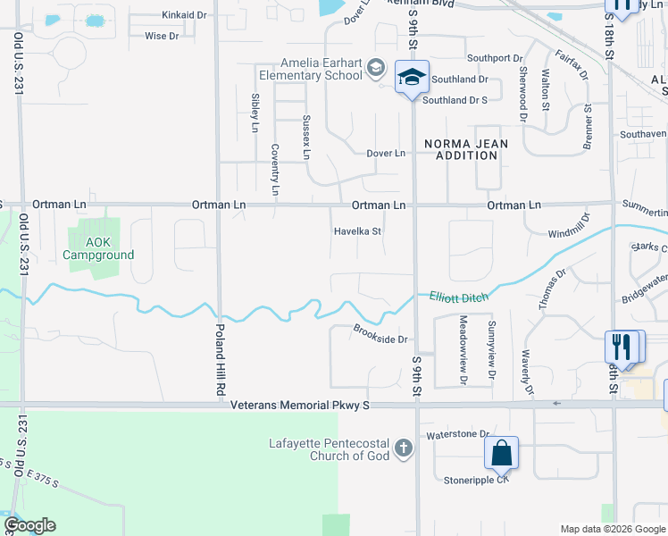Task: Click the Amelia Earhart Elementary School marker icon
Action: click(x=412, y=78)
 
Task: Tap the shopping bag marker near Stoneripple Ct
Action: click(x=502, y=452)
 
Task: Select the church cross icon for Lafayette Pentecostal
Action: click(x=403, y=448)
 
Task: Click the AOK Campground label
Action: click(x=98, y=248)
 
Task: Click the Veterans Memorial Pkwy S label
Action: click(x=299, y=406)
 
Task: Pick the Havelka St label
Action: click(x=358, y=230)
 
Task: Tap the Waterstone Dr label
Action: click(x=459, y=434)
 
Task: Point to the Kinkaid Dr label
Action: click(x=184, y=15)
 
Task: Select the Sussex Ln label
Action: click(x=306, y=137)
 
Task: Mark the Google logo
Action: click(x=29, y=525)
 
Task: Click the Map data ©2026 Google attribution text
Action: click(x=612, y=528)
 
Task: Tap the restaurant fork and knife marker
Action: click(x=622, y=346)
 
